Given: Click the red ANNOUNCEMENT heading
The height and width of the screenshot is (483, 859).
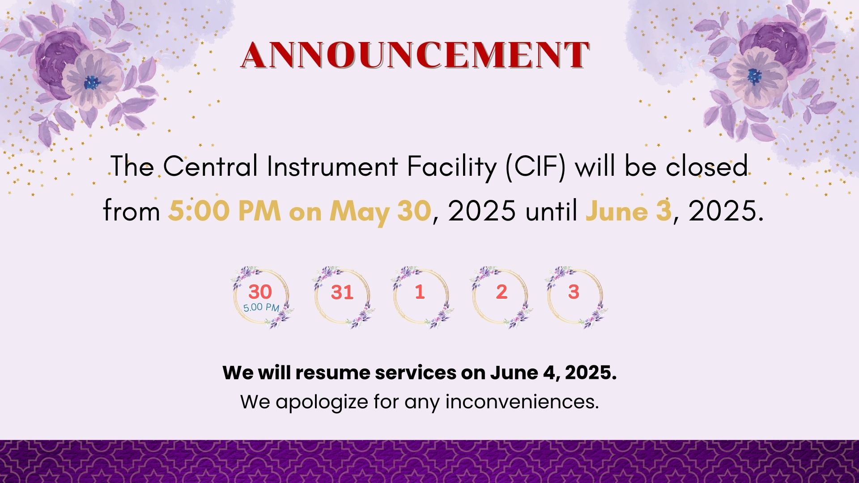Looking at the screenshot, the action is tap(415, 55).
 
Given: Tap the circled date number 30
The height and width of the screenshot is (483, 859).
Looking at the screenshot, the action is tap(260, 292).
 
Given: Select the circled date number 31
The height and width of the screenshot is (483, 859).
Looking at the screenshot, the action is tap(342, 292).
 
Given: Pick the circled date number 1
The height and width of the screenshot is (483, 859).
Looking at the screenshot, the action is tap(419, 292).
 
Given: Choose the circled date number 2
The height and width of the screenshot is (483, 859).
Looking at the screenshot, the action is tap(501, 292).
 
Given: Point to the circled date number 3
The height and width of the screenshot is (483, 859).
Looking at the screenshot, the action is tap(574, 292).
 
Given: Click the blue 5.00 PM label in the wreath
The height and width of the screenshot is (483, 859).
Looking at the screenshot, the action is tap(261, 307).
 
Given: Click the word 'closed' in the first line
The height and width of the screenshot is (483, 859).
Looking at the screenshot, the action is tap(707, 166).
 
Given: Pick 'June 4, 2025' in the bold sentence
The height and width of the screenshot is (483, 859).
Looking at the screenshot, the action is tap(553, 373).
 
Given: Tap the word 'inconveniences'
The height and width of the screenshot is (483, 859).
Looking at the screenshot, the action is tap(522, 402).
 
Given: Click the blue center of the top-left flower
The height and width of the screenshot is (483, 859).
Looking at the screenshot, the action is tap(92, 82).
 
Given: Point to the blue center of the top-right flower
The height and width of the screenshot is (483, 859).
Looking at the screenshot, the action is tap(754, 76).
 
